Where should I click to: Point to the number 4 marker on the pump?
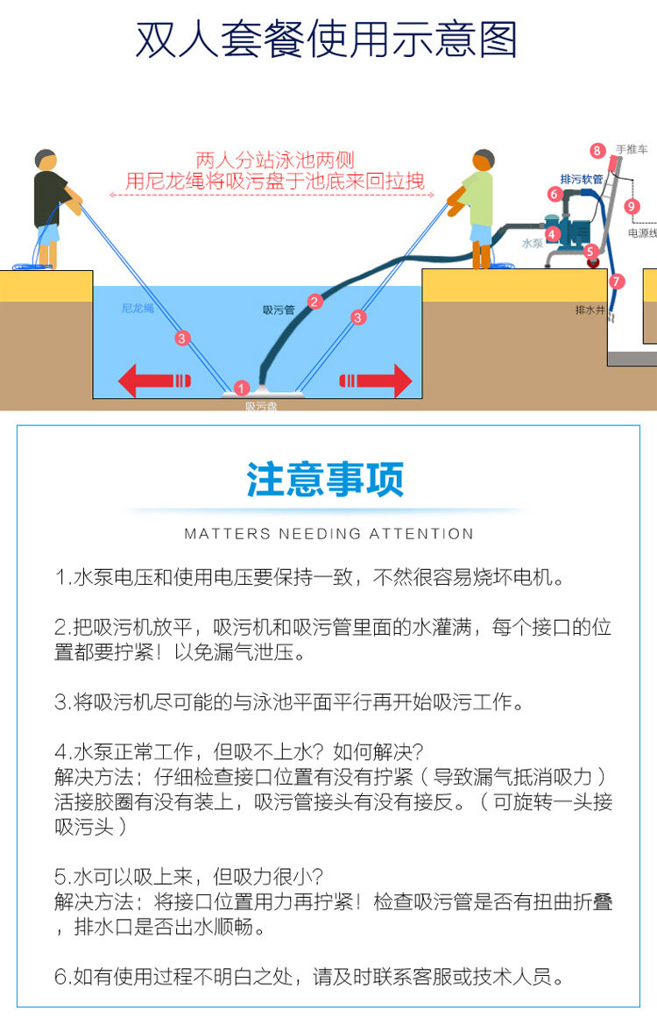(552, 234)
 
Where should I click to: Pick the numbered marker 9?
(632, 206)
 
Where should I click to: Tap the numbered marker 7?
(617, 281)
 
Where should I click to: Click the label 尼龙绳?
(137, 309)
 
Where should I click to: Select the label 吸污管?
(279, 310)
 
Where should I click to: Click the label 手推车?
(631, 150)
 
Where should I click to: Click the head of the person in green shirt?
(483, 160)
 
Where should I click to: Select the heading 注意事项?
(325, 481)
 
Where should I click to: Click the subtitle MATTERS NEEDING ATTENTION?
(328, 533)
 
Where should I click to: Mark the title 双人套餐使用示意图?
(327, 40)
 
